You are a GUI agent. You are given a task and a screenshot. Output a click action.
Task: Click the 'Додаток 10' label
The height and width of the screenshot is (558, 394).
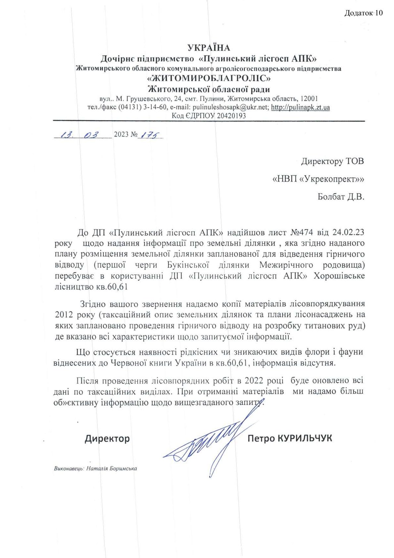coord(363,13)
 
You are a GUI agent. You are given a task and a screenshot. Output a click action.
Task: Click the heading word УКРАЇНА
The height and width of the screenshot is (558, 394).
coord(209,48)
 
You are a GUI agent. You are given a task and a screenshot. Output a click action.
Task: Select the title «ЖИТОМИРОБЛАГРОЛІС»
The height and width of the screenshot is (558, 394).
coord(209,79)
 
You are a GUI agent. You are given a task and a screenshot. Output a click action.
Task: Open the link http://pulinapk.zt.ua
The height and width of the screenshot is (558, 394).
coord(300,107)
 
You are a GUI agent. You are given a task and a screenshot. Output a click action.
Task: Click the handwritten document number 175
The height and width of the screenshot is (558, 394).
coord(150,135)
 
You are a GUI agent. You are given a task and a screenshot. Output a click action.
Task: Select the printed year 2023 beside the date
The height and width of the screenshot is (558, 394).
coord(121,135)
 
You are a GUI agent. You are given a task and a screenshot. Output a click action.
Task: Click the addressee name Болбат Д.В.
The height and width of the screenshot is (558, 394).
coord(341,197)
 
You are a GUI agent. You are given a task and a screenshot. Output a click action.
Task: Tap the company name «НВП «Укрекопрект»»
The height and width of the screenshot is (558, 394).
coord(318,179)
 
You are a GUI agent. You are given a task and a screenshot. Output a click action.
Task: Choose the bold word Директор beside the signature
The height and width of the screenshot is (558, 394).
coord(107,439)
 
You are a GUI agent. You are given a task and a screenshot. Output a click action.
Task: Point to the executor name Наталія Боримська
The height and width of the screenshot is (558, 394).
coord(112,469)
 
